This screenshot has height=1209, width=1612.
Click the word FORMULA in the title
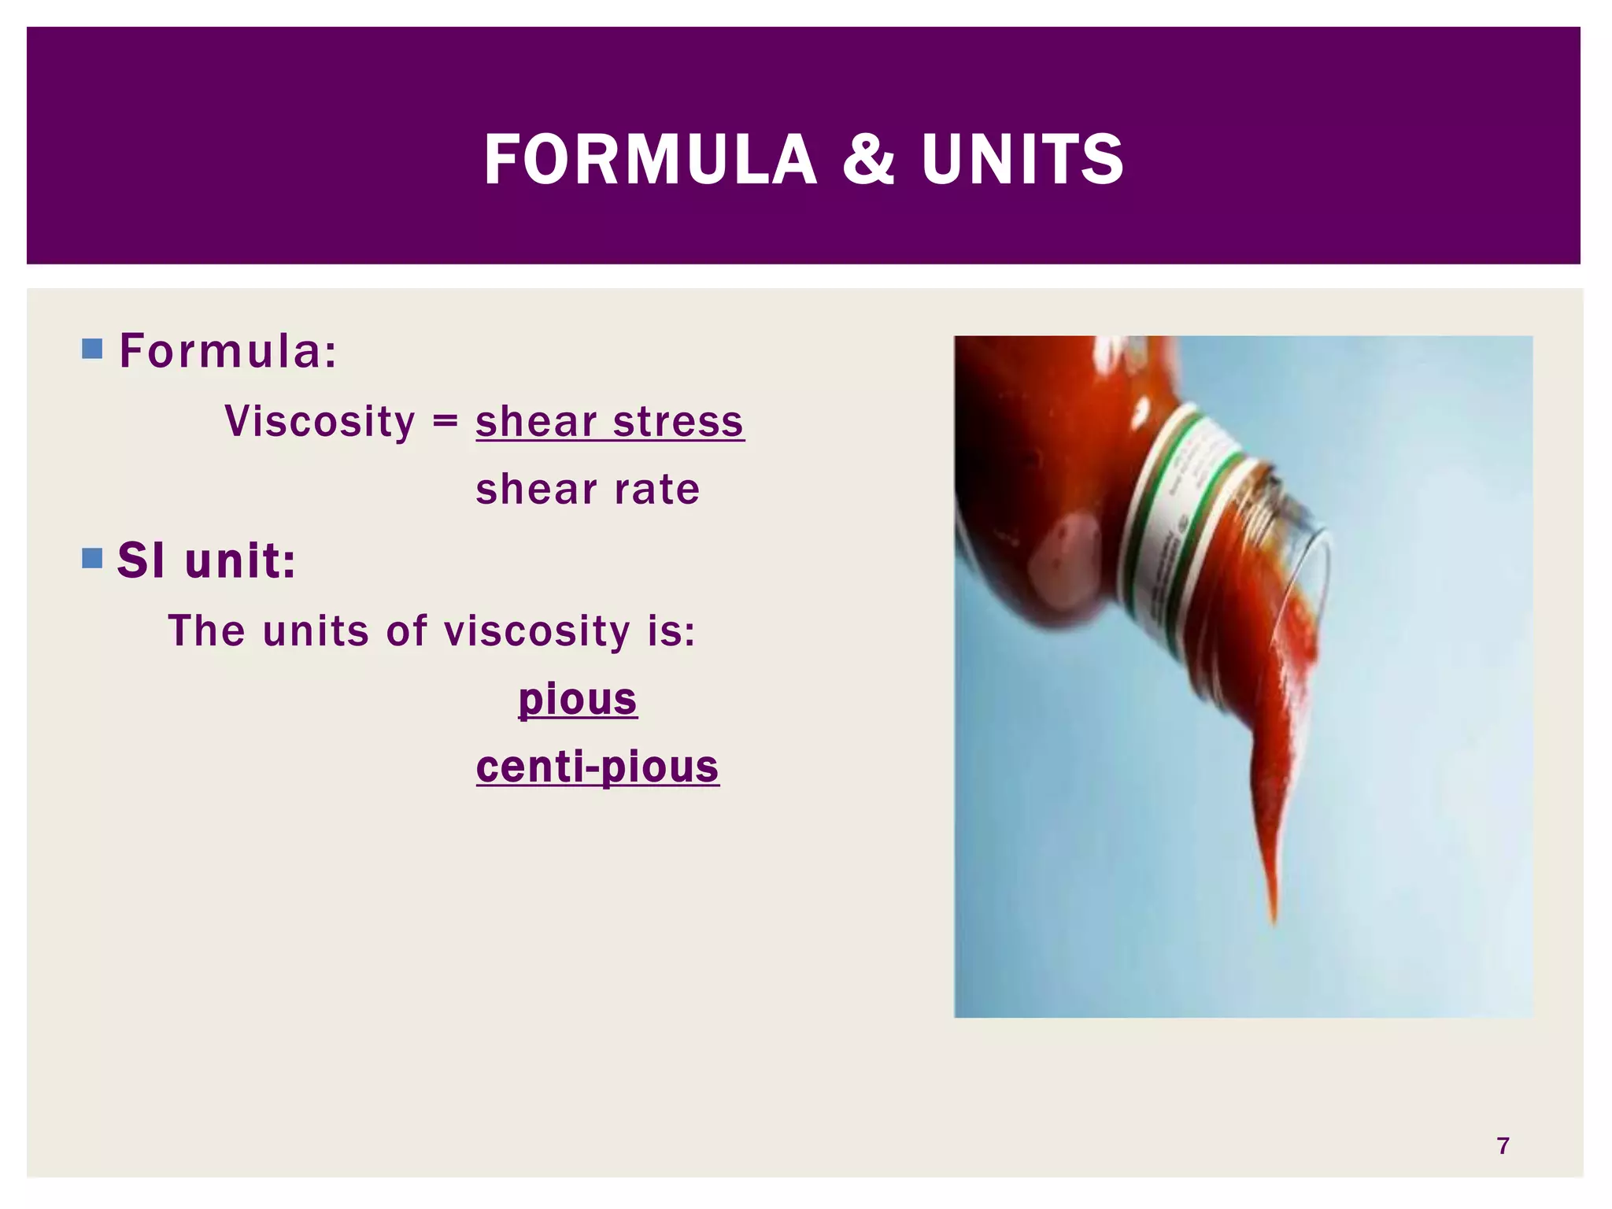[650, 160]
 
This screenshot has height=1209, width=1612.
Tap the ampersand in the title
[868, 160]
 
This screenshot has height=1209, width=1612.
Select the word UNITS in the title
[1022, 160]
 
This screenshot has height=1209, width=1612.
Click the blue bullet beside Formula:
[92, 349]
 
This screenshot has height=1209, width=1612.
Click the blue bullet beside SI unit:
[92, 559]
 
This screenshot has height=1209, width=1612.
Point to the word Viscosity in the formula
[320, 421]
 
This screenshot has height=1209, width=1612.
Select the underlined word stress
[678, 421]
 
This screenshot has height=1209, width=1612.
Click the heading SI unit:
[206, 560]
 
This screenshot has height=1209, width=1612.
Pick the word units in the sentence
[316, 630]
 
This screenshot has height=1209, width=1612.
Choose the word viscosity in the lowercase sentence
[537, 630]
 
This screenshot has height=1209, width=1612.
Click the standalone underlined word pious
[577, 699]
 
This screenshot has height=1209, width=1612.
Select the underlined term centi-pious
[597, 767]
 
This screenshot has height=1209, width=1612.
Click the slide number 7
[1503, 1145]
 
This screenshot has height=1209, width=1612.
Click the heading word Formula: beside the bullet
[228, 350]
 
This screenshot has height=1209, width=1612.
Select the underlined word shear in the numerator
[536, 421]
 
